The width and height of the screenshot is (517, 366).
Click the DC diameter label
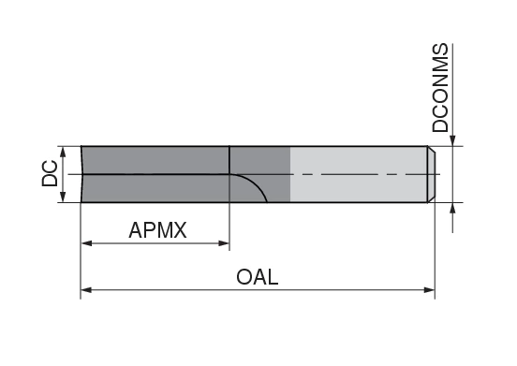click(51, 174)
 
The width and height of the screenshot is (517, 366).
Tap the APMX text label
click(158, 228)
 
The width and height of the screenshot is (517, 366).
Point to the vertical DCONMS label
click(441, 89)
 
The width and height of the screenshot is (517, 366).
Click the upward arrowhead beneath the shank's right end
click(453, 209)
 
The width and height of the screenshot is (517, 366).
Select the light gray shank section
click(356, 159)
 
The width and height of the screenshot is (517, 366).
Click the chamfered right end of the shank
click(432, 174)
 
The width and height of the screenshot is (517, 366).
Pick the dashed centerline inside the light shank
click(356, 175)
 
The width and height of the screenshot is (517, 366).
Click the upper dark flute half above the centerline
click(155, 160)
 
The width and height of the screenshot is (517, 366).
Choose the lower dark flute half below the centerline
click(155, 188)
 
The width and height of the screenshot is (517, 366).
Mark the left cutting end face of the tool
click(82, 174)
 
